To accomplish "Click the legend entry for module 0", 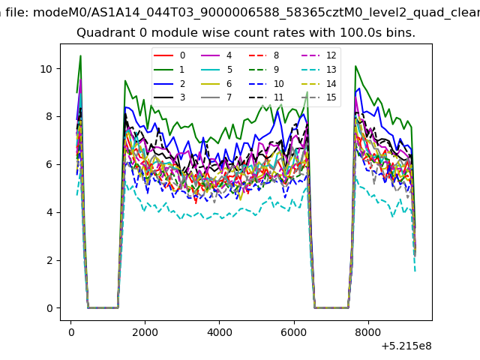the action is click(169, 55).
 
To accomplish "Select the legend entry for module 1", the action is click(169, 70).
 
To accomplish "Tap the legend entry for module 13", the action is click(319, 70).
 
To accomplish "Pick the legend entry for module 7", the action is click(216, 97).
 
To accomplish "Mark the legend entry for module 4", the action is click(216, 55).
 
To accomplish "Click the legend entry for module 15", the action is click(319, 97).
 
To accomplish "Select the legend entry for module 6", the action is click(216, 83).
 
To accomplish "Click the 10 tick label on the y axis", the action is click(46, 69).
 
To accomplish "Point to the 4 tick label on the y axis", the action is click(49, 212).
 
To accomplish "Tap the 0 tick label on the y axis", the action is click(49, 308).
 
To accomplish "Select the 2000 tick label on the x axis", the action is click(145, 332).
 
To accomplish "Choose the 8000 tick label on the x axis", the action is click(368, 332).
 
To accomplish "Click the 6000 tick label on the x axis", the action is click(294, 332).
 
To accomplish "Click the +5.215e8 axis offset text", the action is click(406, 346).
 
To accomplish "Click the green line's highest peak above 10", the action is click(80, 55).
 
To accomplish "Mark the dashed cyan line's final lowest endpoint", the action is click(415, 271).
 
